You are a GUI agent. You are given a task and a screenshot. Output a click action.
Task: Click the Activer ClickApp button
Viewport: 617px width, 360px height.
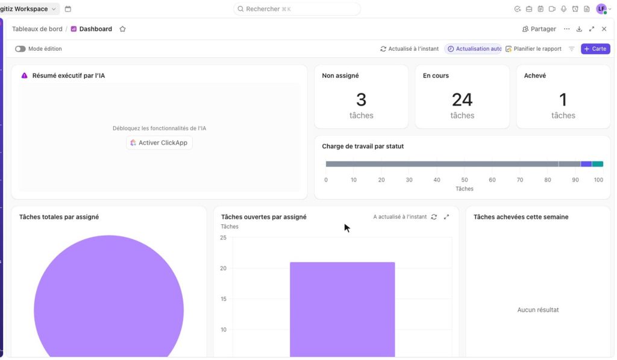pos(159,142)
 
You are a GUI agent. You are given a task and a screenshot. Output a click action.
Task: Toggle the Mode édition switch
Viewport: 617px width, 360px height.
pos(20,49)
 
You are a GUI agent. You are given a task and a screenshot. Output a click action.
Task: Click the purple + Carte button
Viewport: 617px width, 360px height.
pos(595,49)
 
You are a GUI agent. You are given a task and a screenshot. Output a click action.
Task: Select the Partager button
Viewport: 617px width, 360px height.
pos(539,29)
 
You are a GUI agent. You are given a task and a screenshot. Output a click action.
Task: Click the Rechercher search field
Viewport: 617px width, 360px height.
pos(297,8)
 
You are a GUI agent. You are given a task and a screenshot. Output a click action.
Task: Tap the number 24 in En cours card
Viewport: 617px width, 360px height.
pos(462,99)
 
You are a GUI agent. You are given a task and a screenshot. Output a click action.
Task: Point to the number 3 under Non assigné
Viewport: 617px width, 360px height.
pos(362,99)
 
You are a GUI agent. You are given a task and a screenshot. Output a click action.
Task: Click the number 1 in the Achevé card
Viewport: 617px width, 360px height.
pos(563,99)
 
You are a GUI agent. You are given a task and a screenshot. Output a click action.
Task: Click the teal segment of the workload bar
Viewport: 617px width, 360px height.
pos(597,164)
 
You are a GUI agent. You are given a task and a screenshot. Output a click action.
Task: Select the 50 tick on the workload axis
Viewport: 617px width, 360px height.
pos(465,180)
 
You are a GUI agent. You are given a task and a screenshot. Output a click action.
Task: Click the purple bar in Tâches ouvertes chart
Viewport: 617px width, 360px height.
pos(342,309)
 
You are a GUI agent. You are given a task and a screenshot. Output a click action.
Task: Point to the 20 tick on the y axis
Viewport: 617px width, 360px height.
pos(223,268)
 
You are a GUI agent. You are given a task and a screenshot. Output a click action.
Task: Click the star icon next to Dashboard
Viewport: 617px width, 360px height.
pos(122,29)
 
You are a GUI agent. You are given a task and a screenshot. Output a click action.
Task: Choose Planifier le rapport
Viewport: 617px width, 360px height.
pos(534,49)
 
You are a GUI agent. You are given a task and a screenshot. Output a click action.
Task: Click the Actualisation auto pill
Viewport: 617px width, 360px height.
pos(474,49)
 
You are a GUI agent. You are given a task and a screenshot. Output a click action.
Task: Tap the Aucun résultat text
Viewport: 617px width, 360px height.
pos(538,309)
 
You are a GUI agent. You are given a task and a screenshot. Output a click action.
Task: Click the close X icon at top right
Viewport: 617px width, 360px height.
pos(604,29)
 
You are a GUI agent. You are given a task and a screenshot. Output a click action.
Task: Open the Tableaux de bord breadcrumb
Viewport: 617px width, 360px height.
pos(37,29)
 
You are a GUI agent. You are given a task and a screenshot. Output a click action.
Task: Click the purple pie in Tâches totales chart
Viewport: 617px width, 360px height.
pos(108,299)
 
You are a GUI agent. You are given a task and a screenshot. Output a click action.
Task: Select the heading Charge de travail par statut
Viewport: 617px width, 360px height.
pos(363,146)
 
